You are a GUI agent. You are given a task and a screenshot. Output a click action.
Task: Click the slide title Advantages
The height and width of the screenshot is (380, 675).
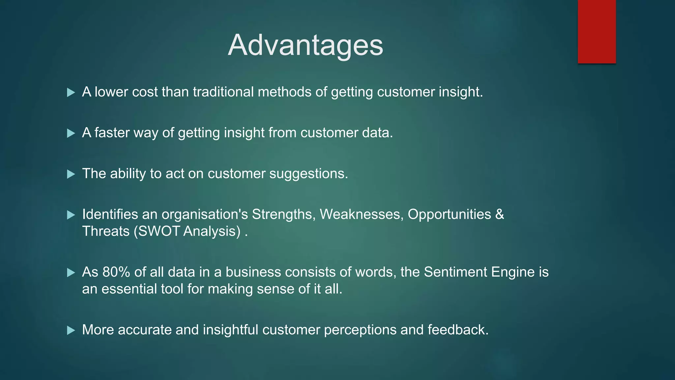[305, 45]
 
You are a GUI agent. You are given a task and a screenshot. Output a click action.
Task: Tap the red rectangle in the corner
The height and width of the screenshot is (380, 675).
[597, 31]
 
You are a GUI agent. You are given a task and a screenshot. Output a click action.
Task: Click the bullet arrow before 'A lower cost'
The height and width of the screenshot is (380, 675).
[71, 92]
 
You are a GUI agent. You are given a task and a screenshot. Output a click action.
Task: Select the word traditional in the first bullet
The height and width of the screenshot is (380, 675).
[223, 92]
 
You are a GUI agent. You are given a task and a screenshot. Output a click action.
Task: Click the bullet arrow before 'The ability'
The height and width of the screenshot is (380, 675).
[71, 174]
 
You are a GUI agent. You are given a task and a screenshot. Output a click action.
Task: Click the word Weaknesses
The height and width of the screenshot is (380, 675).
[361, 214]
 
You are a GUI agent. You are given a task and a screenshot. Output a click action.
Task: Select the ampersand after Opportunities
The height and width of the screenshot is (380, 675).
[499, 214]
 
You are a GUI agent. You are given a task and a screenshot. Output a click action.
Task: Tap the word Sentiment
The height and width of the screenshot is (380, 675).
[455, 272]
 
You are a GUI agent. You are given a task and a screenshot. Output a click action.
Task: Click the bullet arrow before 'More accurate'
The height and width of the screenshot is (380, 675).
[71, 331]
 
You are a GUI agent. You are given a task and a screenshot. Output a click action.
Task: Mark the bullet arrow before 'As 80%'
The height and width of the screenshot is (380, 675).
[71, 273]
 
